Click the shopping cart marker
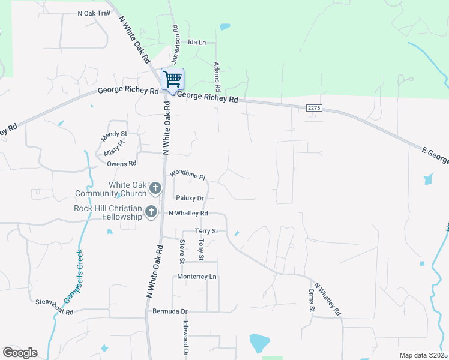[172, 79]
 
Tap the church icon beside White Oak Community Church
[155, 188]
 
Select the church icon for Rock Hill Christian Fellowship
[151, 212]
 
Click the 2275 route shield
[314, 108]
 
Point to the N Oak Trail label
[95, 13]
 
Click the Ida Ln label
[197, 43]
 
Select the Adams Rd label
[218, 74]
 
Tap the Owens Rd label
[122, 163]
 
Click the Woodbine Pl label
[188, 175]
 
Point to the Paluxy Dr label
[190, 197]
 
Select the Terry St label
[206, 231]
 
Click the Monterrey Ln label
[197, 277]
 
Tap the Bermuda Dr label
[170, 311]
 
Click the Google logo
[20, 353]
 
